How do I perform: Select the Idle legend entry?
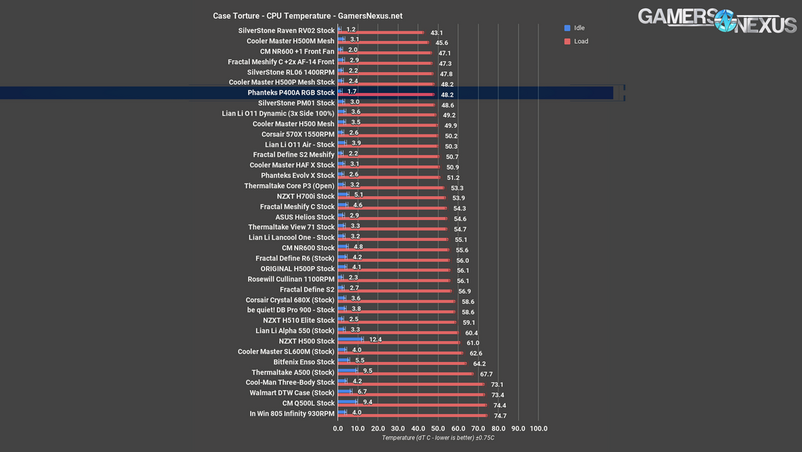(579, 28)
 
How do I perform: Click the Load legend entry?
(580, 41)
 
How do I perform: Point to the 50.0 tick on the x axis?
(438, 429)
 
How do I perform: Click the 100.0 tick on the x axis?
(538, 429)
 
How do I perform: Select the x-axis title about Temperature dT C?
(438, 438)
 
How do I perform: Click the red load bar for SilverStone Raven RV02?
(381, 33)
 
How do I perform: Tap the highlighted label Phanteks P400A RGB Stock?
(291, 93)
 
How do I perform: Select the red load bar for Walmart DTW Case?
(411, 394)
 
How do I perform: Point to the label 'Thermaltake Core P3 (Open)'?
(290, 186)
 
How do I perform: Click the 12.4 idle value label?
(375, 340)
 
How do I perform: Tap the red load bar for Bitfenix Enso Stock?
(402, 364)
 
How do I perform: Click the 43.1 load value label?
(436, 33)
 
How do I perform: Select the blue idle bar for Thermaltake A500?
(348, 370)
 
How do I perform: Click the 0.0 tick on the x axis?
(339, 429)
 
